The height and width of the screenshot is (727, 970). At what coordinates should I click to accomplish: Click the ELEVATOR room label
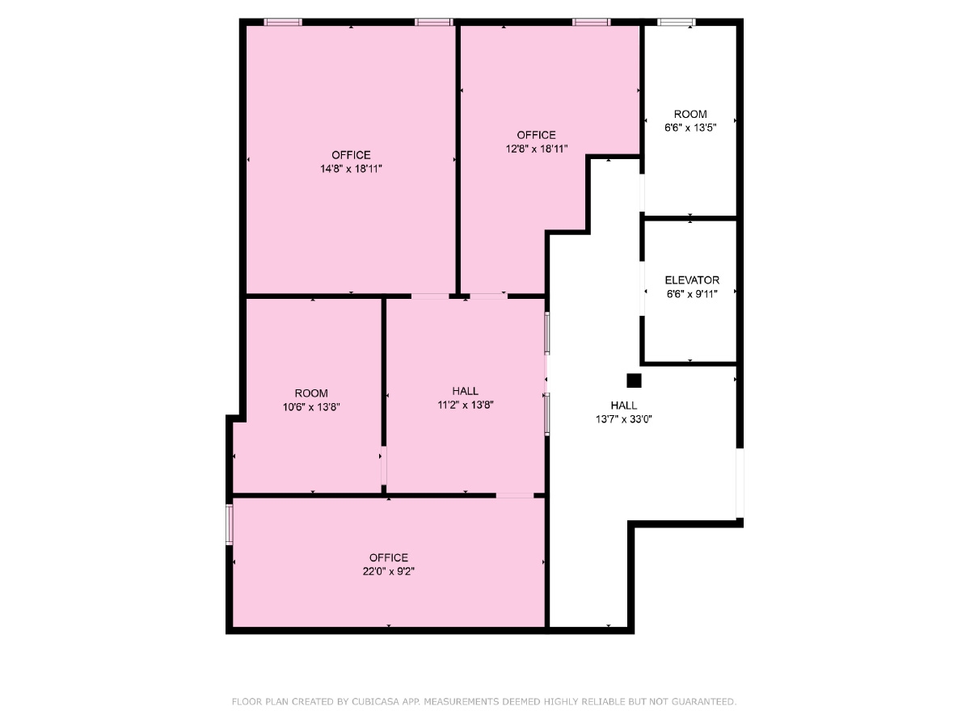[x=692, y=280]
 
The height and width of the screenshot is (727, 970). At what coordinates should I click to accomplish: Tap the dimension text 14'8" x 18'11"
[x=351, y=169]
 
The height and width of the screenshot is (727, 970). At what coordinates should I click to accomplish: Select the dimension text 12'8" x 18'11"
[x=537, y=149]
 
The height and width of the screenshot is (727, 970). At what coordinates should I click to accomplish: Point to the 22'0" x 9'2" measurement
[x=389, y=571]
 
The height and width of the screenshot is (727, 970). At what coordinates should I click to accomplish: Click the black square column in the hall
[x=634, y=380]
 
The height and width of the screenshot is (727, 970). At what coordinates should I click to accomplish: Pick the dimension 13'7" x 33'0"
[x=623, y=419]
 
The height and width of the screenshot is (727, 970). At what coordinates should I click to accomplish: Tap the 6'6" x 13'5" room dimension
[x=690, y=128]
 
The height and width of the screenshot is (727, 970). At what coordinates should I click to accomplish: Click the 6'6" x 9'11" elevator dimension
[x=692, y=294]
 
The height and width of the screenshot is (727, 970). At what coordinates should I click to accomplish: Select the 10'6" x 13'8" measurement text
[x=311, y=407]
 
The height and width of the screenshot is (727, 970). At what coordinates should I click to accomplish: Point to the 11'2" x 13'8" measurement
[x=466, y=405]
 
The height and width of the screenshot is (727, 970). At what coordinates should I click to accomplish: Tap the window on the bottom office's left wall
[x=230, y=523]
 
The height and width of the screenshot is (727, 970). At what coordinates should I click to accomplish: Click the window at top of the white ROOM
[x=676, y=23]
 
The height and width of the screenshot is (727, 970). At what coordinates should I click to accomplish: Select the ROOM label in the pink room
[x=311, y=393]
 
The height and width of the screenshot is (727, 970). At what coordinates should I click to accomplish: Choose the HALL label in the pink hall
[x=466, y=391]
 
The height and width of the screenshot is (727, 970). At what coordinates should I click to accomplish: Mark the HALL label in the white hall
[x=623, y=406]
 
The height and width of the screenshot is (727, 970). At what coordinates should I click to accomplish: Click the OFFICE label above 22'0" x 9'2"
[x=389, y=557]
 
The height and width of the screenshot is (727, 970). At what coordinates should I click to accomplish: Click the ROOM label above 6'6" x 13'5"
[x=690, y=114]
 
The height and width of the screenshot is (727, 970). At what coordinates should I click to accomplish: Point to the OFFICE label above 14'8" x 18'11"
[x=351, y=155]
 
